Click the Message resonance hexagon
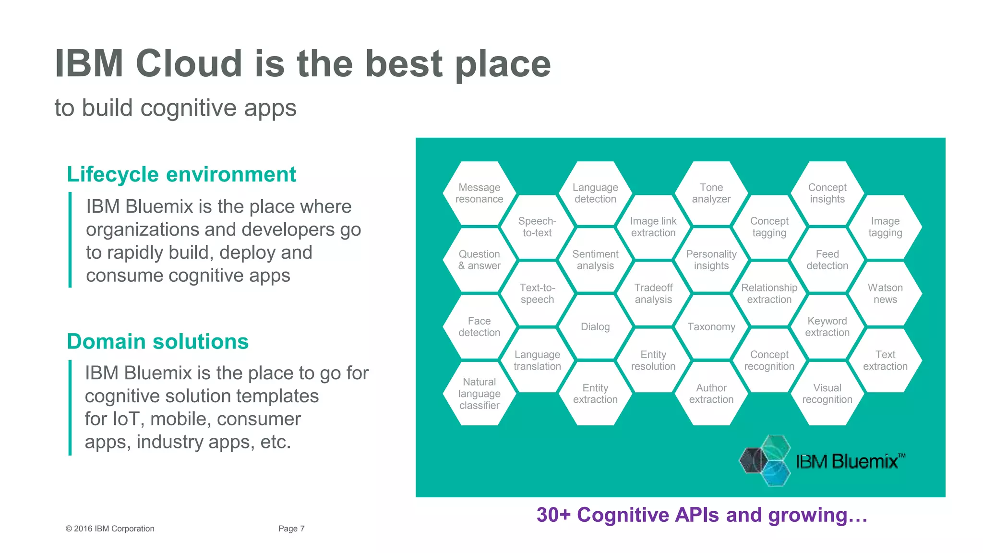click(479, 193)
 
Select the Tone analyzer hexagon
click(711, 193)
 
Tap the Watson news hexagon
click(885, 293)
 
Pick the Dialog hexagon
click(595, 327)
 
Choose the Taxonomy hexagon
click(711, 327)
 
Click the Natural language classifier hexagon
click(479, 394)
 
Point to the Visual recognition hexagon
click(827, 394)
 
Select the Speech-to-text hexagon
click(537, 227)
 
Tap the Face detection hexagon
click(479, 327)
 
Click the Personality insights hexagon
click(711, 260)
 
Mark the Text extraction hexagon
click(885, 361)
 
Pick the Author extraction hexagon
click(711, 394)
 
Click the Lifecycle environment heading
click(181, 174)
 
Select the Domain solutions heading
click(157, 341)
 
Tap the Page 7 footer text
click(291, 529)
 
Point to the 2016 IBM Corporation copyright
click(110, 529)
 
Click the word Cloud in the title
click(189, 63)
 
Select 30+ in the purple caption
click(553, 515)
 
